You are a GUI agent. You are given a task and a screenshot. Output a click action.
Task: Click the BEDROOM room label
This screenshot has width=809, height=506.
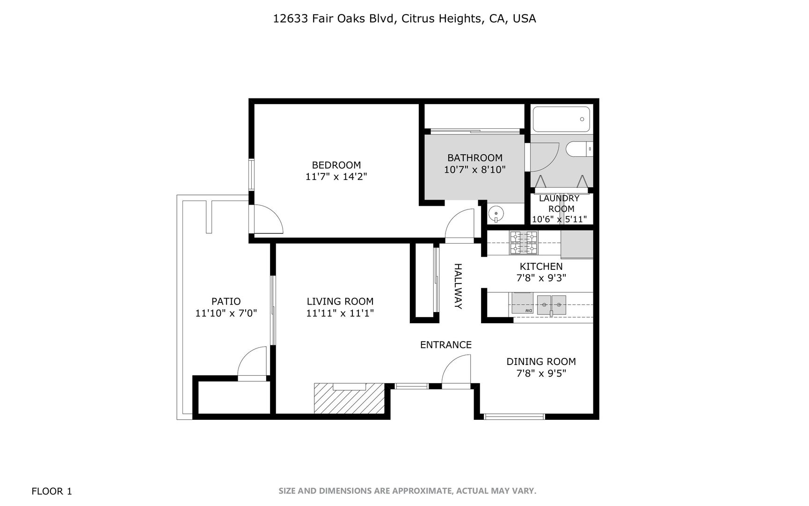[x=336, y=165]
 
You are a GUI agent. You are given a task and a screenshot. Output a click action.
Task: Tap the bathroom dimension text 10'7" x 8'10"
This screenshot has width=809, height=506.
[x=475, y=170]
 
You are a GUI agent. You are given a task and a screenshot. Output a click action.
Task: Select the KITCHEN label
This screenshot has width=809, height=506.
[x=541, y=266]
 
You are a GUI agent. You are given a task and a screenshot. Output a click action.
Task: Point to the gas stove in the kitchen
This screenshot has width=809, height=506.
[x=524, y=242]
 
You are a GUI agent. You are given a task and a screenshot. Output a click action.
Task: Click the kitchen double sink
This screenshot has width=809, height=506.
[x=551, y=305]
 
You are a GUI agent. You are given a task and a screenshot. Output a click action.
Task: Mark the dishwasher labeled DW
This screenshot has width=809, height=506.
[x=522, y=303]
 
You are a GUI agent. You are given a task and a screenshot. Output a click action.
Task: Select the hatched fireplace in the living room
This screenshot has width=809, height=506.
[x=349, y=399]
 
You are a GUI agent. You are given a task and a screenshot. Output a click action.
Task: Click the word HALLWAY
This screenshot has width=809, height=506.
[x=458, y=286]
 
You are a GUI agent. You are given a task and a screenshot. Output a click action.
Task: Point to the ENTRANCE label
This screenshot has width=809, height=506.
[x=445, y=345]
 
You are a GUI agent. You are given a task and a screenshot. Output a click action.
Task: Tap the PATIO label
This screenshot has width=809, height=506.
[x=226, y=302]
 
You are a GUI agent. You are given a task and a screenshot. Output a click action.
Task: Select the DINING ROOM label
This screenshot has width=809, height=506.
[x=541, y=362]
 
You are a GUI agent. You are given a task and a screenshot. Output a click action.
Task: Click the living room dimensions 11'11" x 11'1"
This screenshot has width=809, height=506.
[x=340, y=313]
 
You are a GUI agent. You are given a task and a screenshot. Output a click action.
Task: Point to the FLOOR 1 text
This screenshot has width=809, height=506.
[x=51, y=491]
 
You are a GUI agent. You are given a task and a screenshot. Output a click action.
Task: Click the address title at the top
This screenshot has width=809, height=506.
[x=404, y=19]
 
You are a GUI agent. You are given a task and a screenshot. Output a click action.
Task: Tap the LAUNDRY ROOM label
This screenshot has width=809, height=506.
[x=560, y=203]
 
